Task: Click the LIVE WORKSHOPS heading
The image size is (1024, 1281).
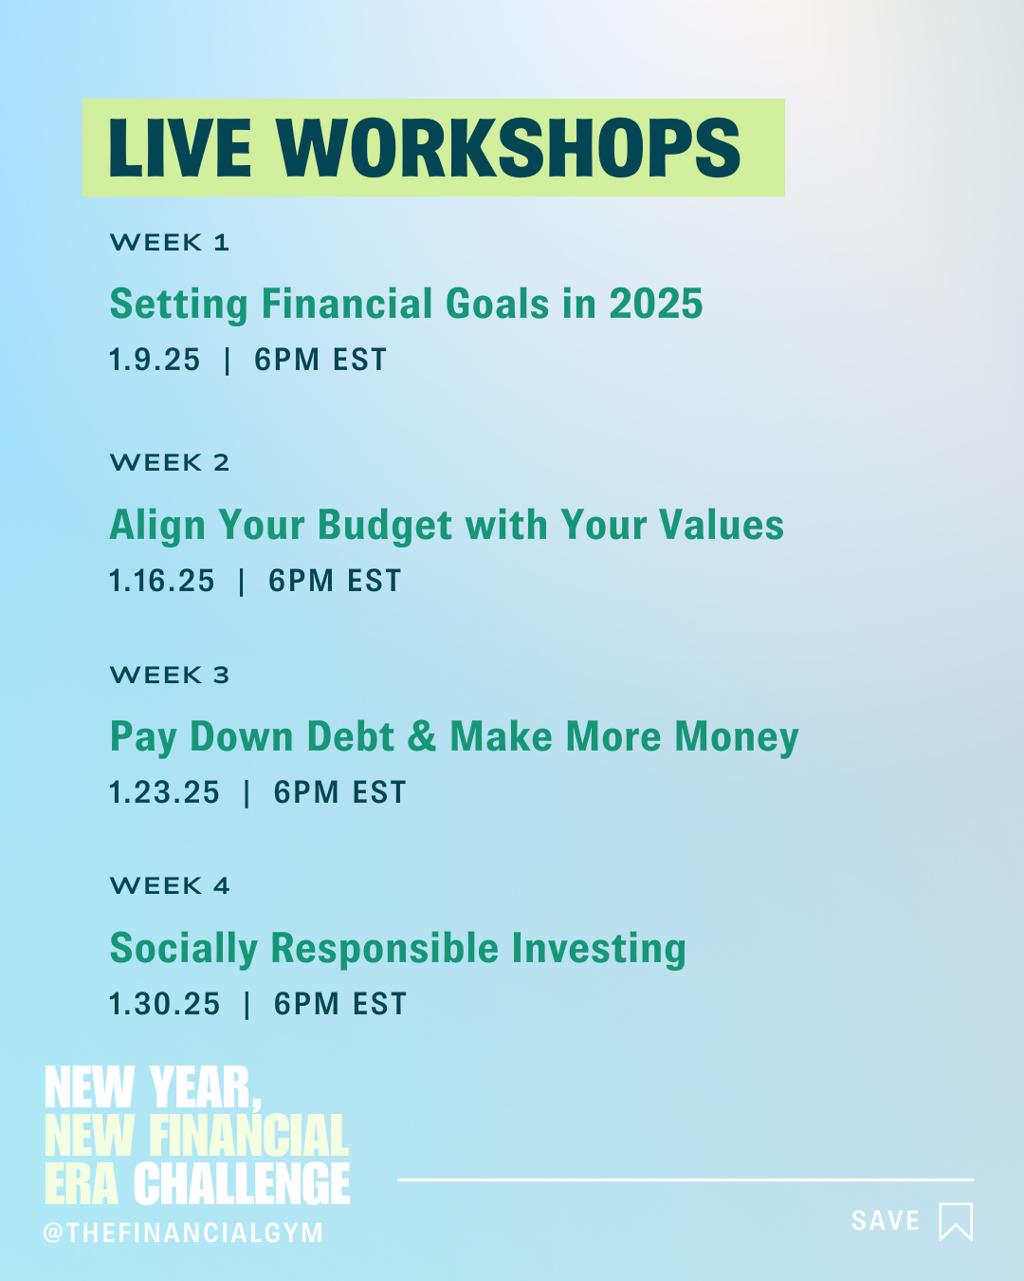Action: coord(424,149)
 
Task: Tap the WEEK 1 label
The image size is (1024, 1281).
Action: coord(170,243)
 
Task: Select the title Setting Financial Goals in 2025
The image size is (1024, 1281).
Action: coord(406,305)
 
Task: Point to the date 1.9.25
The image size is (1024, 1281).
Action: coord(155,361)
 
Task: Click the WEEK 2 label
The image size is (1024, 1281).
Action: coord(170,463)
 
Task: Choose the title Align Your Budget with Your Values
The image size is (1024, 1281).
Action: coord(447,526)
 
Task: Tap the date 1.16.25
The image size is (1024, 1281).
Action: coord(162,581)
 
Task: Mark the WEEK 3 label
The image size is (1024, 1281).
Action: coord(170,676)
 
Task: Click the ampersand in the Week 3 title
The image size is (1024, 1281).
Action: coord(422,737)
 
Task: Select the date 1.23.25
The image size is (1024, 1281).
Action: coord(164,792)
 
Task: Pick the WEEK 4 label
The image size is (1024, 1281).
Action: coord(170,886)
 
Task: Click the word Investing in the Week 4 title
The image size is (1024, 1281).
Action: coord(598,949)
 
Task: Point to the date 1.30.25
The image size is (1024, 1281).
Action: coord(164,1004)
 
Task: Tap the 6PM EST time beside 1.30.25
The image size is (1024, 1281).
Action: coord(340,1004)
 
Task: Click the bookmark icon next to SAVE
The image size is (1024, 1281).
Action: coord(956,1221)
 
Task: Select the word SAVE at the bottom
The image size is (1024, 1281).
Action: coord(886,1221)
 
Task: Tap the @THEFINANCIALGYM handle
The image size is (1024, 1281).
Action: coord(184,1233)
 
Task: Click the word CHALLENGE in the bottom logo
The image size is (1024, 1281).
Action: coord(242,1184)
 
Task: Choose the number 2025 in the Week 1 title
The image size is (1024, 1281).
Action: coord(655,305)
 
